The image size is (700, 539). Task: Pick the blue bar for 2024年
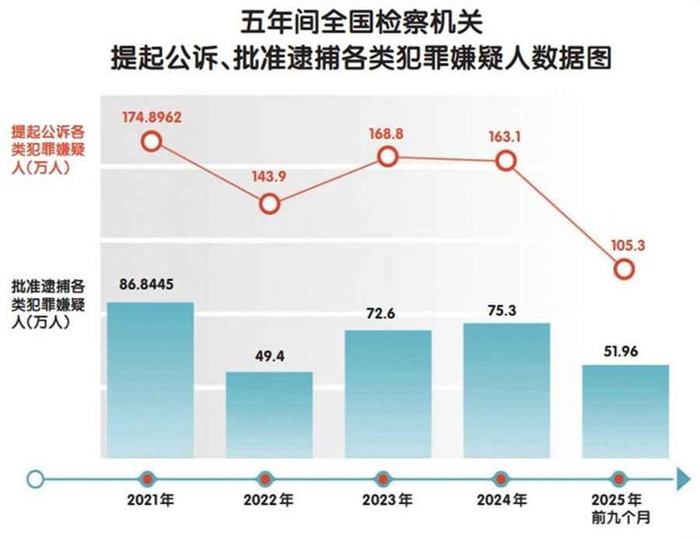point(506,390)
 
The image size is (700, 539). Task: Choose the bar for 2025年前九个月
point(625,410)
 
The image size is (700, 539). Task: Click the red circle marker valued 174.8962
point(152,142)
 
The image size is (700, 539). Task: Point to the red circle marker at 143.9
point(269,204)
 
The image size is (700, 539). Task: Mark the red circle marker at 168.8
point(388,156)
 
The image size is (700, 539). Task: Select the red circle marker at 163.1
point(506,162)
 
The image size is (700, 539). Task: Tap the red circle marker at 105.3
point(625,269)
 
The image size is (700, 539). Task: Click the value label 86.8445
point(149,284)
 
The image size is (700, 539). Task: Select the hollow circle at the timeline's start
point(35,478)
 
